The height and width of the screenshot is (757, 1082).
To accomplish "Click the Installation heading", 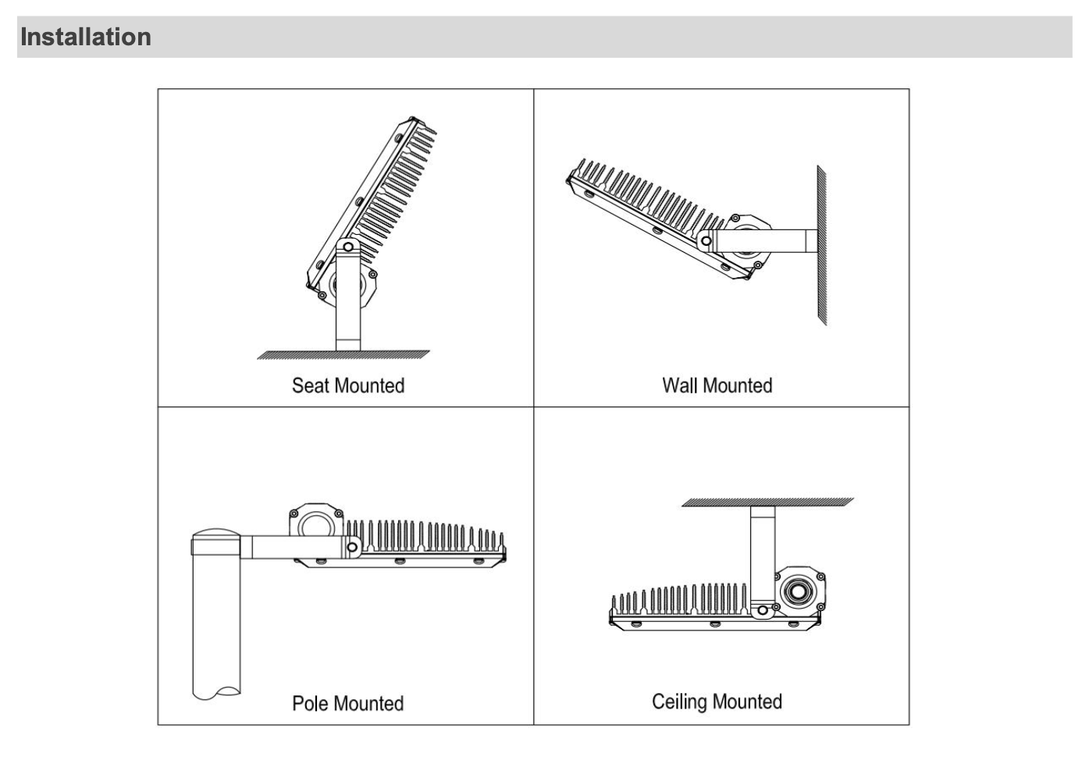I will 86,37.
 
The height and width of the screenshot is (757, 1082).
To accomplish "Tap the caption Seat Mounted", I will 348,386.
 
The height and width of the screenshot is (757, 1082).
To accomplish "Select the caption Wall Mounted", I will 717,386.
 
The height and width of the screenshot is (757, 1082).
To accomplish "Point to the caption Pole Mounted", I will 348,703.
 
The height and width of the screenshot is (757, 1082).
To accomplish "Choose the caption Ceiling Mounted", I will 717,702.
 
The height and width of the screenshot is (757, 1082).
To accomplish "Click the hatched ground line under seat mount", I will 343,355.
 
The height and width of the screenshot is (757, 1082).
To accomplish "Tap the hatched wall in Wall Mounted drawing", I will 821,245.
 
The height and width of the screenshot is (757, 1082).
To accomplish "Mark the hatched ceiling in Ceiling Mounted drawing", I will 767,502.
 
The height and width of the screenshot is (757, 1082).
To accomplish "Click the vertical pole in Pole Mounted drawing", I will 216,624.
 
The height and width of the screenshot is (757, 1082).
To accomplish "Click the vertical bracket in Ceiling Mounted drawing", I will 762,554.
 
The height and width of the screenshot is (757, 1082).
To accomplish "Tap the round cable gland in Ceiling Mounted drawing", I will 797,591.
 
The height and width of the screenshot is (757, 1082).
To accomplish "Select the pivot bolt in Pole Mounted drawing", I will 352,547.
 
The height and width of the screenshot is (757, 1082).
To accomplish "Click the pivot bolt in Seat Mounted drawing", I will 348,247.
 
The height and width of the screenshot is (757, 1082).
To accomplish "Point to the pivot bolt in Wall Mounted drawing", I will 707,241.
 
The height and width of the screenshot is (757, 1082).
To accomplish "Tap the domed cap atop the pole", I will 216,535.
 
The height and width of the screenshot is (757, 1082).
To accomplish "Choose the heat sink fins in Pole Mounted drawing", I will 425,536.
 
